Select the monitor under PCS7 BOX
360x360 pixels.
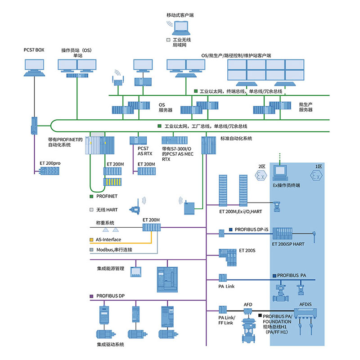(34, 67)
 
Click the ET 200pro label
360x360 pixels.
(49, 163)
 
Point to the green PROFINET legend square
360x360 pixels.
(91, 196)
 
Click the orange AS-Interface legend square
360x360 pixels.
(91, 239)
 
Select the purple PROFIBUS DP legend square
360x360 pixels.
(91, 296)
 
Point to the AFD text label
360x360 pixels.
(248, 305)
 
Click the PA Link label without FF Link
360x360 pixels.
(226, 286)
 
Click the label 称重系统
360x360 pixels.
(105, 222)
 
